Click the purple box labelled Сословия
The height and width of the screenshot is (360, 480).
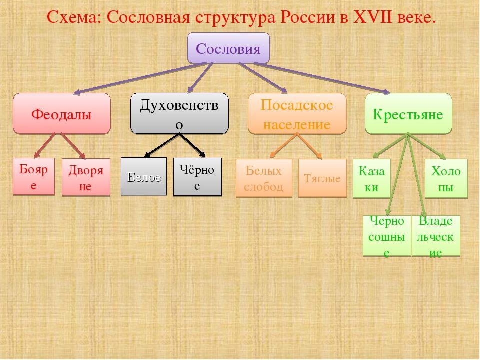click(228, 48)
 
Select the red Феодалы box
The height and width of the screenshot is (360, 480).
click(61, 114)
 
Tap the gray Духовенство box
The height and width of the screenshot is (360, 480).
click(179, 114)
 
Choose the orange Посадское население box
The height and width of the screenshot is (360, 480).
click(297, 114)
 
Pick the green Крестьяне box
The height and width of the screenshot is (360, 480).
click(408, 114)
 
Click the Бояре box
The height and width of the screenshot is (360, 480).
click(34, 176)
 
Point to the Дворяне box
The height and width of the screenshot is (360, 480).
click(86, 177)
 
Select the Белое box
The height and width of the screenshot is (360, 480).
click(144, 176)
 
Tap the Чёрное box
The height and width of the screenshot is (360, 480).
click(197, 177)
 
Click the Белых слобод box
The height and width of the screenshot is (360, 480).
click(264, 178)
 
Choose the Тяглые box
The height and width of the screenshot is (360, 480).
click(322, 178)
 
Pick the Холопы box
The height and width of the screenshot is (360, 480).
click(446, 178)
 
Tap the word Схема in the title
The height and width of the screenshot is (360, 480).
click(73, 17)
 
